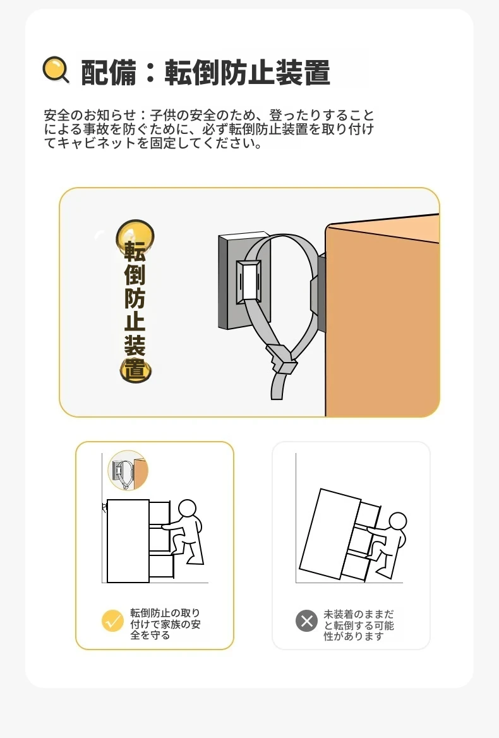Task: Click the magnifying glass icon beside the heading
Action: pyautogui.click(x=56, y=70)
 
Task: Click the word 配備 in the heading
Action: pyautogui.click(x=109, y=73)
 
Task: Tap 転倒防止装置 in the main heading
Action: pyautogui.click(x=248, y=73)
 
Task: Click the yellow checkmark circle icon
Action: pyautogui.click(x=112, y=621)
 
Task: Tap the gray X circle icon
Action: pyautogui.click(x=306, y=621)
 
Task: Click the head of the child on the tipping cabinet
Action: pyautogui.click(x=398, y=522)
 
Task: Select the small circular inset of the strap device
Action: pyautogui.click(x=128, y=470)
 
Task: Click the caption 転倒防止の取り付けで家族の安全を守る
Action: pyautogui.click(x=165, y=624)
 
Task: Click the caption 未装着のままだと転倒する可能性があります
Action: pyautogui.click(x=359, y=625)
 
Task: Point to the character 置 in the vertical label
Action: pyautogui.click(x=135, y=369)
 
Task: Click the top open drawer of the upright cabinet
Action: pyautogui.click(x=159, y=514)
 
